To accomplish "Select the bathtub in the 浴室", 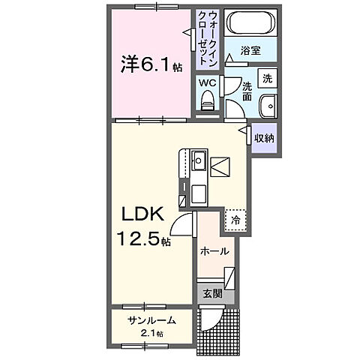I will click(x=251, y=23).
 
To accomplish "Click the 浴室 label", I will click(x=251, y=50).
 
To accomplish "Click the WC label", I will click(x=208, y=82).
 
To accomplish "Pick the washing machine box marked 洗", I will click(x=267, y=78).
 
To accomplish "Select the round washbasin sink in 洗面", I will click(x=268, y=105).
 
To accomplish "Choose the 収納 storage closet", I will click(x=263, y=139).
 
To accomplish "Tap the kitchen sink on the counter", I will click(x=198, y=160).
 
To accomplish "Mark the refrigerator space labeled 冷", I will click(x=235, y=220).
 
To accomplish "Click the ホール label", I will click(x=214, y=253).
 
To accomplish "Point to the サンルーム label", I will click(x=151, y=320).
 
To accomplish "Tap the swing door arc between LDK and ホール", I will click(x=182, y=223).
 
